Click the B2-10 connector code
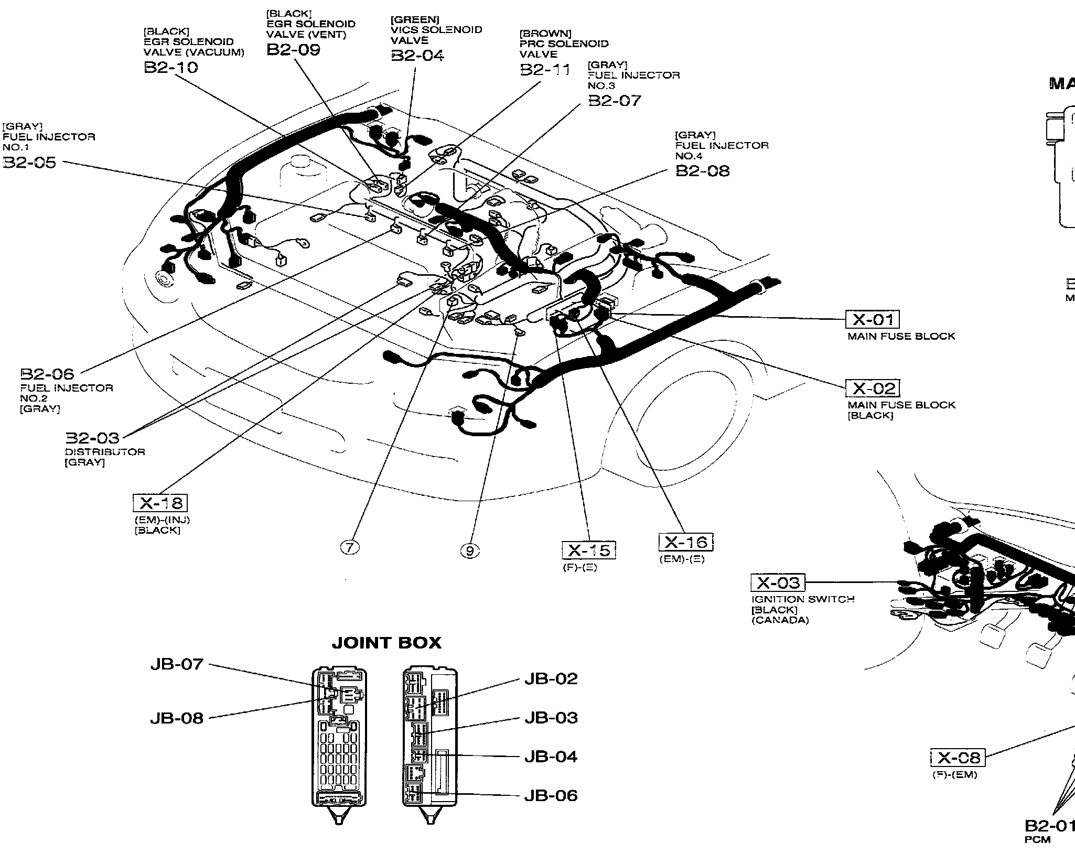coord(171,68)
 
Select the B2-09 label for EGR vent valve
coord(293,50)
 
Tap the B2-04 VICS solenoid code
coord(417,56)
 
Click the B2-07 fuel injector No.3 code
coord(615,100)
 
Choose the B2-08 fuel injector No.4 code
coord(702,171)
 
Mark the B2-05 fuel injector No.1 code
coord(29,163)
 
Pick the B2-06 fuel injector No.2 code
coord(47,374)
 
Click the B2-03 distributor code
coord(92,438)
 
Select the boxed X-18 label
coord(160,503)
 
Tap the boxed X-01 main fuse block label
coord(873,319)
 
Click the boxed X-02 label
coord(873,388)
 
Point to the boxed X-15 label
coord(589,550)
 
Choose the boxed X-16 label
coord(686,542)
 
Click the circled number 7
coord(350,547)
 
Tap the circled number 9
coord(470,550)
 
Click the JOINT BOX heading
coord(386,643)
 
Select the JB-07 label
coord(176,664)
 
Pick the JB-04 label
coord(551,757)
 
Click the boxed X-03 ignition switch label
coord(778,582)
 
